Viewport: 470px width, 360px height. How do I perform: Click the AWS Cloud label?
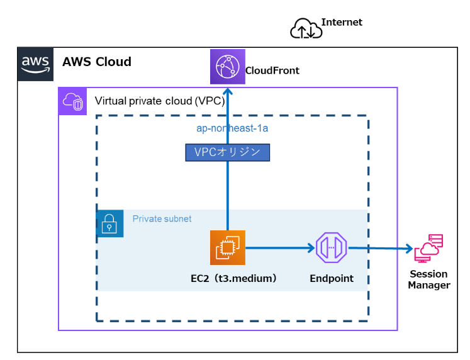(x=96, y=62)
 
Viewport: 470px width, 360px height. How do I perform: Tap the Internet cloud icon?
(x=306, y=29)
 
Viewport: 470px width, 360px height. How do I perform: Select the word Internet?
(x=342, y=22)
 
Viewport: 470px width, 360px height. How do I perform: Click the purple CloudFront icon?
(x=227, y=66)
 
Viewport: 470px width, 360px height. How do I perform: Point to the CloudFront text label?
(x=272, y=70)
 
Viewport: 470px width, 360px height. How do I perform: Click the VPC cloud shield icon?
(x=71, y=101)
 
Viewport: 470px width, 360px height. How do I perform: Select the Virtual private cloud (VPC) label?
(x=159, y=101)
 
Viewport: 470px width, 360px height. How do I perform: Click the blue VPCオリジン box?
(x=227, y=152)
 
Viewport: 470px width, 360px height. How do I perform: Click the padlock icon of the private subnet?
(x=109, y=223)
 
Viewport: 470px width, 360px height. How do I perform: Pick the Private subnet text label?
(x=162, y=219)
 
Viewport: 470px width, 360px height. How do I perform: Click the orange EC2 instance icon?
(x=227, y=247)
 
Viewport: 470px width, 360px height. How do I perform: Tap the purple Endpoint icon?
(x=331, y=248)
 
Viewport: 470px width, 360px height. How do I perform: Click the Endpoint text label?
(x=331, y=278)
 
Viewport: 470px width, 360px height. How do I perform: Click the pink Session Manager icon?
(x=428, y=248)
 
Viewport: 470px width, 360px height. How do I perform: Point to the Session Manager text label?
(x=428, y=279)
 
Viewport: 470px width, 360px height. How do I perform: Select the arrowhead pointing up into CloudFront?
(x=227, y=90)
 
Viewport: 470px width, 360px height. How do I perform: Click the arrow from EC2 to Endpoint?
(x=280, y=248)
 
